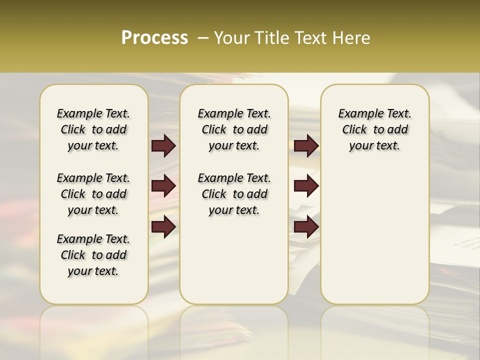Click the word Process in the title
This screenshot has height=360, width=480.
(154, 38)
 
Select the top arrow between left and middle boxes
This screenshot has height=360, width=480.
(163, 146)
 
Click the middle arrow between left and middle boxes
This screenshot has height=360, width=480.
(163, 186)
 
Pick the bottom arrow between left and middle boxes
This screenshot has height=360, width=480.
(163, 226)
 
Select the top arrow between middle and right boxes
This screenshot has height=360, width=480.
(306, 146)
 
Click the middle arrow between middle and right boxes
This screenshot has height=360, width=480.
(306, 186)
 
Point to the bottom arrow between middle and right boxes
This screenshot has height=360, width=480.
(306, 226)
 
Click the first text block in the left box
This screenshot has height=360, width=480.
(93, 129)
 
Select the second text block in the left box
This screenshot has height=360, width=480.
(93, 194)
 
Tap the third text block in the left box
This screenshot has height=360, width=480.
(93, 255)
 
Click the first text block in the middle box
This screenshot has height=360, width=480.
(234, 129)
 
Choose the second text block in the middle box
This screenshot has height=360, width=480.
(234, 194)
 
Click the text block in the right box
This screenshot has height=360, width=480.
(374, 129)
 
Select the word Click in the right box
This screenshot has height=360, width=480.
(354, 130)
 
